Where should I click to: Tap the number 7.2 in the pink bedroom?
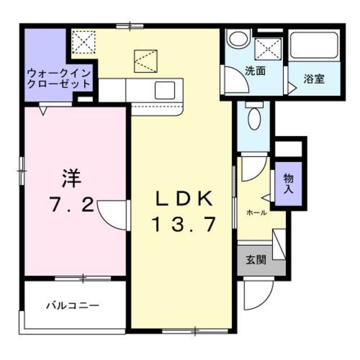70,205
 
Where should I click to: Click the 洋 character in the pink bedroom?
71,179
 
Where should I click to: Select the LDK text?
183,199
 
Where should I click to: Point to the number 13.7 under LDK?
183,225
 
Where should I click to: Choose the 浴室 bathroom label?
314,79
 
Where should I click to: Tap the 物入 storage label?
289,184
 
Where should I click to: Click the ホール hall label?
256,212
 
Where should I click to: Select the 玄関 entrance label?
255,260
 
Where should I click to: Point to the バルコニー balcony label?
73,305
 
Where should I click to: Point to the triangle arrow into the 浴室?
292,88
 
